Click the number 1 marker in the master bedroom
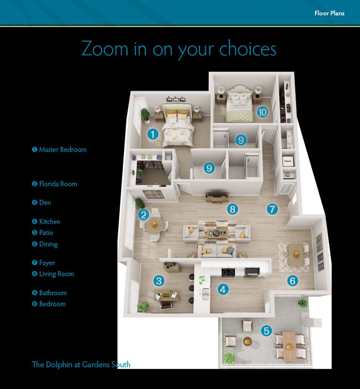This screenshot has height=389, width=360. pyautogui.click(x=153, y=134)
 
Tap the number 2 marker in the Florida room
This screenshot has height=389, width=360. pyautogui.click(x=144, y=215)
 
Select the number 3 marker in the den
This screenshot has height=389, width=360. pyautogui.click(x=159, y=281)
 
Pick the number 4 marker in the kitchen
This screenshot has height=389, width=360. pyautogui.click(x=223, y=290)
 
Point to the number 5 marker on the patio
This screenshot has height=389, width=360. pyautogui.click(x=266, y=331)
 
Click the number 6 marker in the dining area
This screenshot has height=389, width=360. pyautogui.click(x=292, y=281)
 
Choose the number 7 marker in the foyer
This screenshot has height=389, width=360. pyautogui.click(x=272, y=209)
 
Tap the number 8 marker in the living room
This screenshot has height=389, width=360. pyautogui.click(x=232, y=209)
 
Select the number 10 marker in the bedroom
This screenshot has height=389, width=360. pyautogui.click(x=262, y=112)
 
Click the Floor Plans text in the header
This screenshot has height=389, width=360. pyautogui.click(x=329, y=13)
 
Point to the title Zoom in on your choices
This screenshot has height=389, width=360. pyautogui.click(x=179, y=49)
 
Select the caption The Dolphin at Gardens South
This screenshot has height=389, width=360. pyautogui.click(x=81, y=365)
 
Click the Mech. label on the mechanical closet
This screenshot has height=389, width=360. pyautogui.click(x=287, y=161)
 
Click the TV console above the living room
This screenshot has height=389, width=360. pyautogui.click(x=217, y=198)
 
